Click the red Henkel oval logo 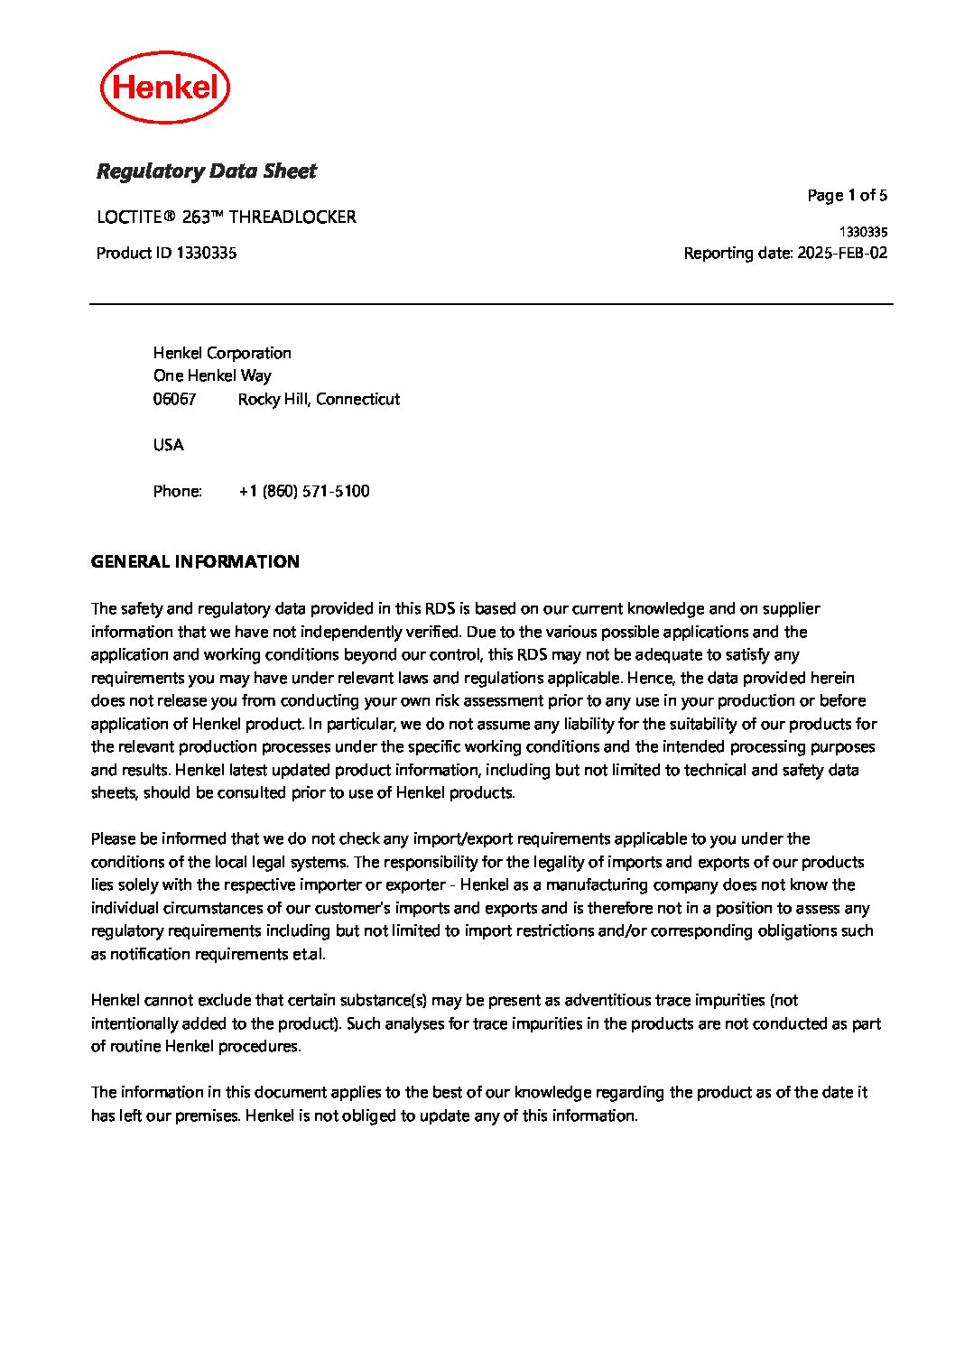(x=165, y=88)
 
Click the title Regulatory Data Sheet (x=206, y=171)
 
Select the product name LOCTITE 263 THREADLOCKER (x=226, y=217)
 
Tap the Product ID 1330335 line (x=166, y=253)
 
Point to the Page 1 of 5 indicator (x=847, y=195)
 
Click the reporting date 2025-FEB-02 (x=841, y=253)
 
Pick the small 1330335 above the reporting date (x=863, y=232)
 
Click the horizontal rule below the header (x=491, y=304)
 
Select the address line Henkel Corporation (x=222, y=353)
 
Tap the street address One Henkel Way (x=212, y=375)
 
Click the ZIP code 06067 (x=174, y=399)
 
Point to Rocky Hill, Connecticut (x=319, y=399)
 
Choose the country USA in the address (x=168, y=445)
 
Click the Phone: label (x=177, y=491)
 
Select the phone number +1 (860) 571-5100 (x=304, y=491)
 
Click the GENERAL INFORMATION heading (x=195, y=561)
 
